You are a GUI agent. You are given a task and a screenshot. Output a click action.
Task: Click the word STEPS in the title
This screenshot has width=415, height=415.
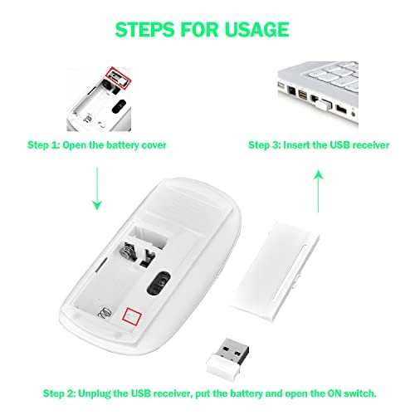click(x=145, y=29)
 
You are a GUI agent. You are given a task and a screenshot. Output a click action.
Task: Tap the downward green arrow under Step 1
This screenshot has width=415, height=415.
click(x=97, y=188)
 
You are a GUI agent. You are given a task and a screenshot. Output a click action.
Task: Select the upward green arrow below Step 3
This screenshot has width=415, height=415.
click(x=319, y=192)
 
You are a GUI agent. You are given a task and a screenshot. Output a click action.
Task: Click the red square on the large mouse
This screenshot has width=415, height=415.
click(x=132, y=315)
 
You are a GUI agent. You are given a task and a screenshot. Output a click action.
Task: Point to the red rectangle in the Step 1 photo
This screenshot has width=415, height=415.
click(x=118, y=78)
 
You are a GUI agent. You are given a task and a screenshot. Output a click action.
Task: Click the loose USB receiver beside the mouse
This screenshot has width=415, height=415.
click(x=227, y=355)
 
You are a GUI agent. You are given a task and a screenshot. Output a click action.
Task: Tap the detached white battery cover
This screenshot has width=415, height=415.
click(x=275, y=271)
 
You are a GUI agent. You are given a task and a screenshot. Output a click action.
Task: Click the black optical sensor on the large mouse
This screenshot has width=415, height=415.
click(x=159, y=282)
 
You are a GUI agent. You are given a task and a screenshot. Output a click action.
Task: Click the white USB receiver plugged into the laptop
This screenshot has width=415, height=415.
click(x=323, y=105)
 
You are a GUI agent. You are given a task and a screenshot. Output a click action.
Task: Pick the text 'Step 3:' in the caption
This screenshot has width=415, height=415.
click(x=264, y=145)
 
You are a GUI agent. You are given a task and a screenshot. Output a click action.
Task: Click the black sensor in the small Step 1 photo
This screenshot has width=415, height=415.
click(x=120, y=106)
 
